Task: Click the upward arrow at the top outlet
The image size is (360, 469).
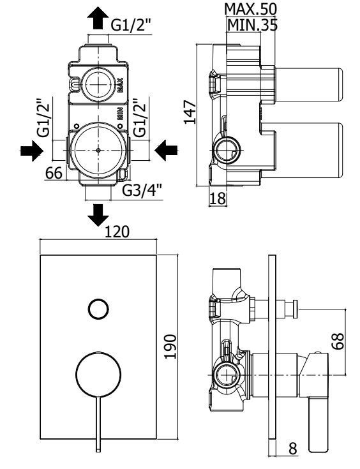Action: [x=98, y=18]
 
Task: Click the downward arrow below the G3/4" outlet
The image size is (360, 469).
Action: [x=98, y=215]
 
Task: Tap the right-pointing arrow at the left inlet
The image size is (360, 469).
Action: [x=32, y=151]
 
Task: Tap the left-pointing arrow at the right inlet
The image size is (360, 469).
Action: [x=167, y=151]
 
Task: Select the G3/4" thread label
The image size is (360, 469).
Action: [x=142, y=190]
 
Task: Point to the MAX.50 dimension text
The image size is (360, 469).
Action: [x=250, y=10]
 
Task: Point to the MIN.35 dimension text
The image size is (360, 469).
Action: [x=252, y=25]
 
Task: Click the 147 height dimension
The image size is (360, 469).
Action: [x=190, y=112]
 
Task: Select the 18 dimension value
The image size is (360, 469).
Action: [x=218, y=198]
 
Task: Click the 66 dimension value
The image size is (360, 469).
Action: [x=54, y=172]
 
